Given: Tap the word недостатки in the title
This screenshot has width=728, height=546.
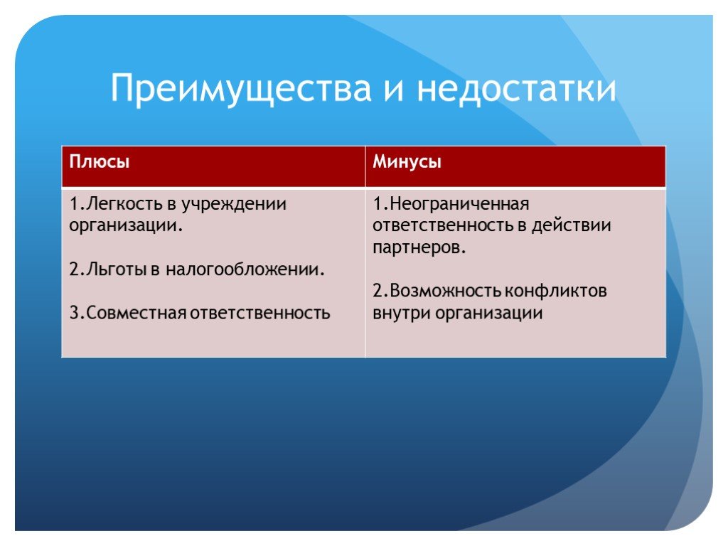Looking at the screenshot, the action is (x=516, y=88).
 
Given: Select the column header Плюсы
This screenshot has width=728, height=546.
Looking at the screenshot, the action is (x=100, y=161).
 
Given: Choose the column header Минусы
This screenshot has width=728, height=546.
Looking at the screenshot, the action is (x=407, y=162).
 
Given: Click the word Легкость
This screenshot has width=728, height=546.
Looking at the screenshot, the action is (x=124, y=203).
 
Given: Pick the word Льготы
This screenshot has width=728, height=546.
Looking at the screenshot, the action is (x=117, y=269).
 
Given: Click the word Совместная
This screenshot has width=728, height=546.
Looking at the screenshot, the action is (x=136, y=313).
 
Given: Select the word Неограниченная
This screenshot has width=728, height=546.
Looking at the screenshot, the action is (x=460, y=204).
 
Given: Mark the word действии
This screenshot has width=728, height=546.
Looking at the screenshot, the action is (x=571, y=225).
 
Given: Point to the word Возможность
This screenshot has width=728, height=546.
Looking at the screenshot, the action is (x=446, y=291).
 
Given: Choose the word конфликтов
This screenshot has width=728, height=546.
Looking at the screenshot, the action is (x=556, y=291).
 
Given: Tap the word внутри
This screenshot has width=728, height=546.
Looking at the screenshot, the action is (x=402, y=314).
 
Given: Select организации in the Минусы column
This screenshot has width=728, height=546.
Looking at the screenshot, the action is (x=488, y=314).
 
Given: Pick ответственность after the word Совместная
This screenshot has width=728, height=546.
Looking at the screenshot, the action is (x=260, y=314).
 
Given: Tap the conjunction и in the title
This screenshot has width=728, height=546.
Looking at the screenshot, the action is (x=394, y=90).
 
